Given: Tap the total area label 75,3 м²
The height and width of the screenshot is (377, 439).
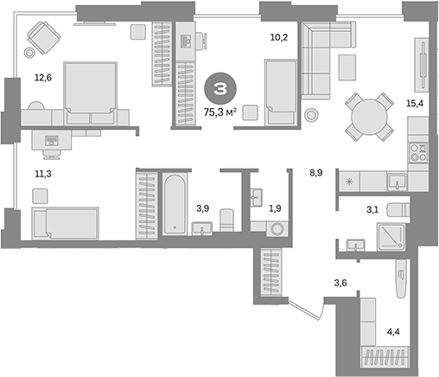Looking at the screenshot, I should pos(220,111).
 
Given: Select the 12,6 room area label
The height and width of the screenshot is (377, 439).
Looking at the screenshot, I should pos(43,78).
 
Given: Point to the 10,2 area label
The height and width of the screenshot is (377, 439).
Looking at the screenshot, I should pos(278,38).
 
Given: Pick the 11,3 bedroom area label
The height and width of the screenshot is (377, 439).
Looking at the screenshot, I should pos(43,172).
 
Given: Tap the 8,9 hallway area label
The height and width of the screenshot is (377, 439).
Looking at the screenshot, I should pos(317,174).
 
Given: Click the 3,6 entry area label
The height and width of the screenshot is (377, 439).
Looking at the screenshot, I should pos(340,282).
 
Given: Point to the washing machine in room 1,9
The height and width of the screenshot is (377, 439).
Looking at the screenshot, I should pos(277,229).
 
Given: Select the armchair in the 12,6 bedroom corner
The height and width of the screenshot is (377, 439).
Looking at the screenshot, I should pos(42,38).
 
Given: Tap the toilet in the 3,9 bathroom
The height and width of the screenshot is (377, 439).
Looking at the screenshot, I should pos(226,220).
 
